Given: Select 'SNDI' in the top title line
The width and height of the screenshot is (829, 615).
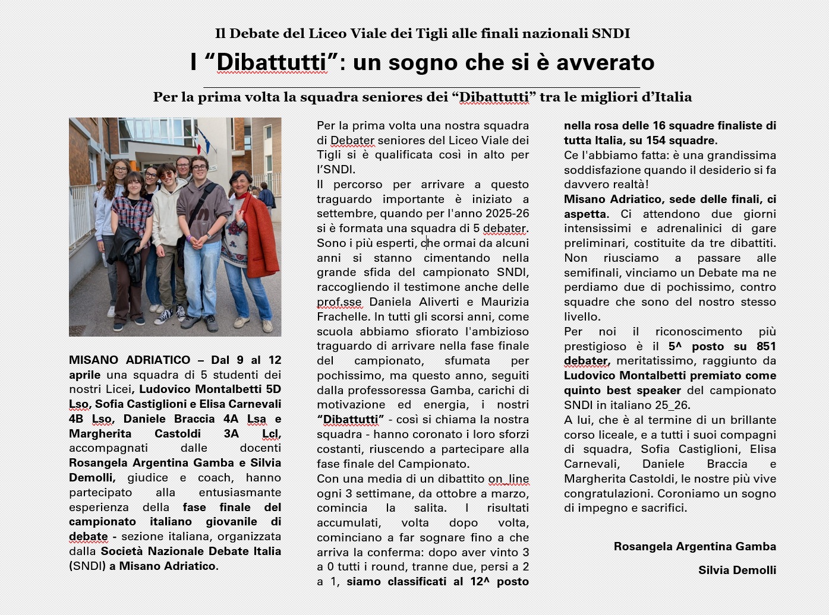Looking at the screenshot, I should [611, 34].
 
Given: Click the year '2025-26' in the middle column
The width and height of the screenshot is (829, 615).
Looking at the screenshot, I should [507, 214].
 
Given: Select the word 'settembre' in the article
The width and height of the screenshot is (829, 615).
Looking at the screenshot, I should [345, 214].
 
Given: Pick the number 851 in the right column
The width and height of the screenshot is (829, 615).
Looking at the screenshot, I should [766, 346].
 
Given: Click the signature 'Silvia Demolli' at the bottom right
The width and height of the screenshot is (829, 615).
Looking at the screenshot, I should [737, 570].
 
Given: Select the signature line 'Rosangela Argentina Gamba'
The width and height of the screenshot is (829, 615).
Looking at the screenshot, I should [695, 546].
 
